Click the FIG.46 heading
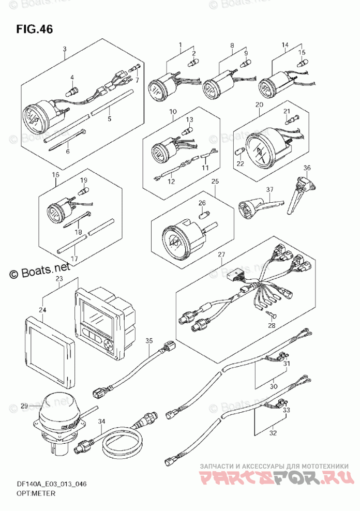[34, 29]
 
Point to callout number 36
[307, 168]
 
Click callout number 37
[269, 190]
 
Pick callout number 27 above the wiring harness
[221, 254]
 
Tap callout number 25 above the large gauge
[215, 181]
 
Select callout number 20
[259, 105]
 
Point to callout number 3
[64, 49]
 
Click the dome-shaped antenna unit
[61, 408]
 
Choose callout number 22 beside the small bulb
[240, 164]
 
